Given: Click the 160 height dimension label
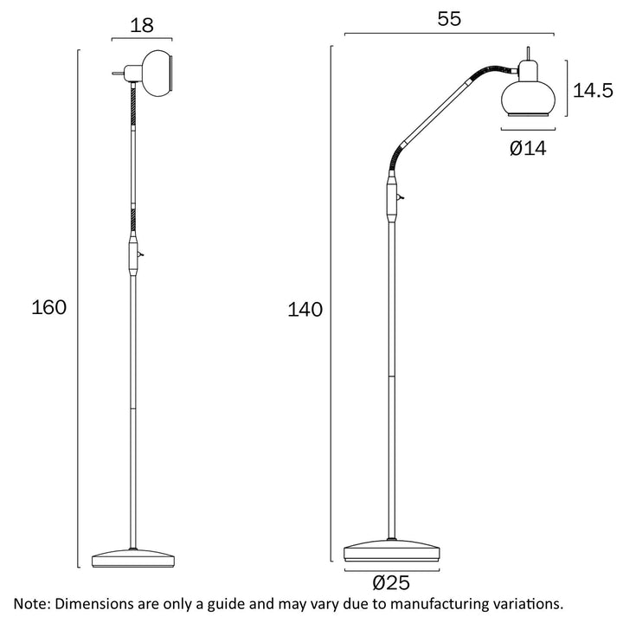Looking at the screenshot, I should pyautogui.click(x=48, y=307).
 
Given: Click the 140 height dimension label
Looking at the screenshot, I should pyautogui.click(x=305, y=309).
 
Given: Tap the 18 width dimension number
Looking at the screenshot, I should pyautogui.click(x=142, y=25).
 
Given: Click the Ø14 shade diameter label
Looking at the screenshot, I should pyautogui.click(x=528, y=149).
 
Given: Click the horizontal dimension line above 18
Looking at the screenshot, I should pyautogui.click(x=142, y=39).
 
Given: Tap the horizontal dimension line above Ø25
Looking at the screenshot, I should pyautogui.click(x=390, y=568).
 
